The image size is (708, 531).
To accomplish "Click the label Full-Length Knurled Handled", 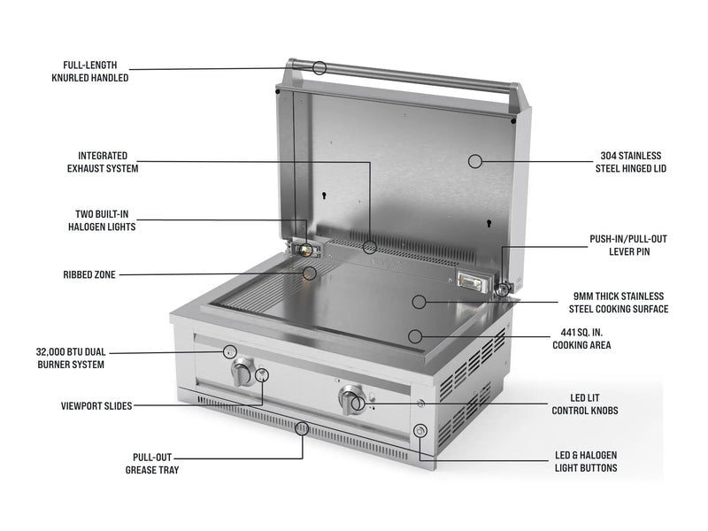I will [89, 72].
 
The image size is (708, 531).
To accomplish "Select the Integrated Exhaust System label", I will [103, 161].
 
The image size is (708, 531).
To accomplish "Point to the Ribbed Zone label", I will [89, 274].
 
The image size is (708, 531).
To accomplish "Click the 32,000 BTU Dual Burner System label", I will [70, 358].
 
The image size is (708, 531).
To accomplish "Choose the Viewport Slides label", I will [96, 406].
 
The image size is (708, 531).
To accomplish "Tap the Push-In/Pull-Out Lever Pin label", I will [626, 245].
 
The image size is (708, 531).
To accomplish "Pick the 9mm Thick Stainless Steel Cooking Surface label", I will [618, 303].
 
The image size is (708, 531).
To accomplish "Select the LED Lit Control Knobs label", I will [585, 404].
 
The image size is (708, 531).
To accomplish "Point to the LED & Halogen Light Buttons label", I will [585, 461].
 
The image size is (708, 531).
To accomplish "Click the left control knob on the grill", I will [241, 373].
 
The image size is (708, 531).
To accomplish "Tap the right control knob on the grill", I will [347, 401].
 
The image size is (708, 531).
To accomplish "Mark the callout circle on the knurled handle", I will [319, 67].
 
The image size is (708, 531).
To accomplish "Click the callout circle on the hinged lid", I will [475, 161].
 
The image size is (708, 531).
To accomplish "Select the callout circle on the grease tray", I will [302, 429].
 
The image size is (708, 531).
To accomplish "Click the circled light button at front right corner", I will [420, 431].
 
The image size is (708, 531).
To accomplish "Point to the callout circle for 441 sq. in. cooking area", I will [414, 335].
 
